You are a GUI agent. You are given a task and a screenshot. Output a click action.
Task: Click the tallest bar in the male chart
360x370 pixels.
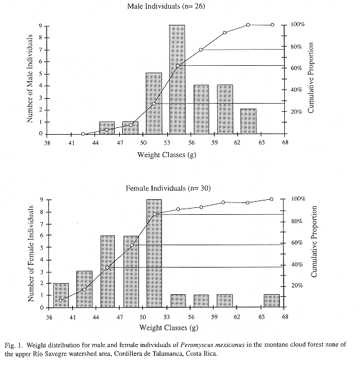pos(177,79)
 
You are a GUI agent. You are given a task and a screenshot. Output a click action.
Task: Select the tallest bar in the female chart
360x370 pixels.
pos(155,253)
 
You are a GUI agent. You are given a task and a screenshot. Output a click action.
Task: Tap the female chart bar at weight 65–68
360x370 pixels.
pos(272,301)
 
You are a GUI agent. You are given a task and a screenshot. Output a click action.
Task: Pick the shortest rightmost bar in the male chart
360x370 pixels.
pos(248,122)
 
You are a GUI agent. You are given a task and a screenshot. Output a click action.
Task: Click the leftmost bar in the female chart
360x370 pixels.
pos(61,296)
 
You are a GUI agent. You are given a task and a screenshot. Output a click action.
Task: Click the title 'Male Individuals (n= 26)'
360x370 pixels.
pos(166,6)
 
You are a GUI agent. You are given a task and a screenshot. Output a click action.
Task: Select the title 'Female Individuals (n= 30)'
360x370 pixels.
pos(168,188)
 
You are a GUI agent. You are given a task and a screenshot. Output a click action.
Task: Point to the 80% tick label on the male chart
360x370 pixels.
pos(296,47)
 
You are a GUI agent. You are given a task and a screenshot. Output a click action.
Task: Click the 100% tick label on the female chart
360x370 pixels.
pos(298,199)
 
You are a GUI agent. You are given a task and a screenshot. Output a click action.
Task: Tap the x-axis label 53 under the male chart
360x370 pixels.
pos(167,143)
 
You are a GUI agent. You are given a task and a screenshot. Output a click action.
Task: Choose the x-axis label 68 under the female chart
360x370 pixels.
pos(286,317)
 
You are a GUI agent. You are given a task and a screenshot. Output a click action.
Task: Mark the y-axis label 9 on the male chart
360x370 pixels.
pos(40,25)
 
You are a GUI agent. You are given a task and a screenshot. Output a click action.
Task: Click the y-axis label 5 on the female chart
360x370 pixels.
pos(42,247)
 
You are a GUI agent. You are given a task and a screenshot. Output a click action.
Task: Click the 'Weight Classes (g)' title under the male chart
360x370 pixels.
pos(167,155)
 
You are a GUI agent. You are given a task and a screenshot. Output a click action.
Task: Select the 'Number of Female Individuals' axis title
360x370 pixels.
pos(30,253)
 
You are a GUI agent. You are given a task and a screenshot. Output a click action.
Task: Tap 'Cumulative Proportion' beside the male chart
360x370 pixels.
pos(311,78)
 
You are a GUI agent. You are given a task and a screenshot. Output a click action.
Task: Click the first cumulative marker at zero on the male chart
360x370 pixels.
pos(83,134)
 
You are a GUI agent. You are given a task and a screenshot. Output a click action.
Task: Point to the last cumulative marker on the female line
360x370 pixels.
pos(271,199)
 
